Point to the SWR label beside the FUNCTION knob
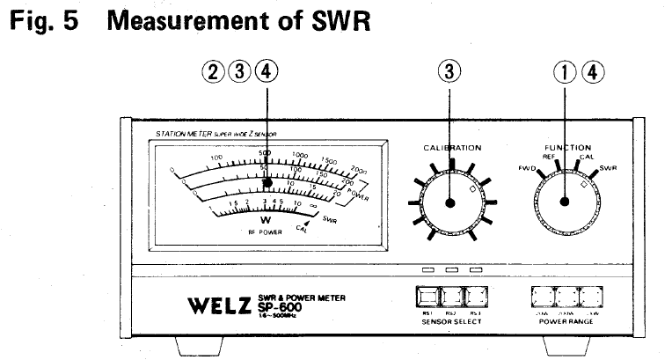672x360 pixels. point(608,167)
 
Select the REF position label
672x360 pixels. point(549,156)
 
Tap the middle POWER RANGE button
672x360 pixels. point(566,295)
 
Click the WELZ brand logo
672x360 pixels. point(228,305)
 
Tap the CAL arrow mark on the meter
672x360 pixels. point(304,227)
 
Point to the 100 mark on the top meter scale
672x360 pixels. point(215,158)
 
